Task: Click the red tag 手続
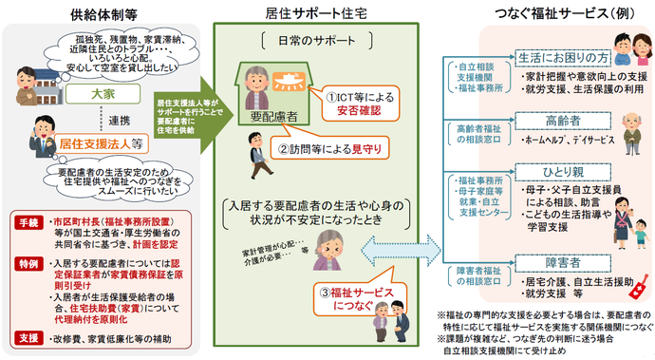[28, 221]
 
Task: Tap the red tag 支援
[28, 336]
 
